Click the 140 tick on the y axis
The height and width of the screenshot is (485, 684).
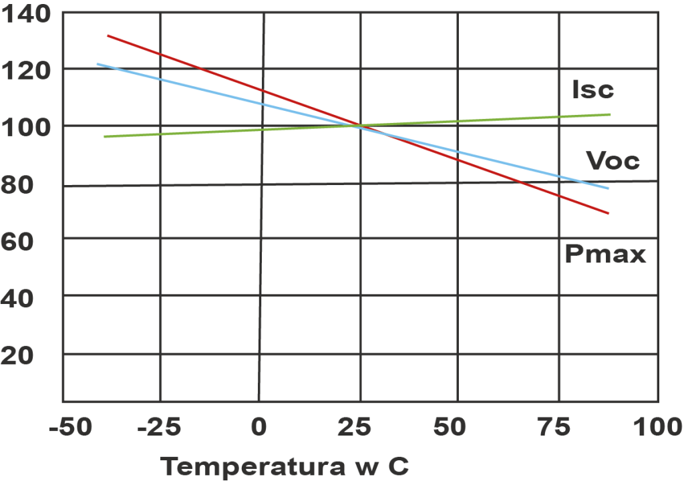click(x=25, y=13)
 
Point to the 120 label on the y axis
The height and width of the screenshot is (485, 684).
click(x=25, y=69)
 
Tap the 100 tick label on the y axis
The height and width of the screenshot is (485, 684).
click(x=25, y=126)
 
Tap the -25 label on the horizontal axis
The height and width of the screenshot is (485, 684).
click(x=159, y=428)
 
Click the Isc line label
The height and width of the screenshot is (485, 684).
click(x=592, y=90)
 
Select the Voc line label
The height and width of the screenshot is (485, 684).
click(x=612, y=161)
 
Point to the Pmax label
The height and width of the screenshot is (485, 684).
click(x=605, y=255)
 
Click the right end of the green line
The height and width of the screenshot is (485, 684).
click(x=610, y=114)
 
